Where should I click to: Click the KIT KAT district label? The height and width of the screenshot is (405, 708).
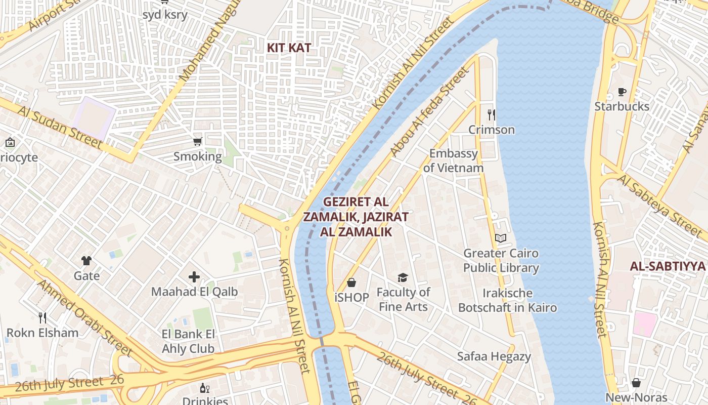click(x=289, y=48)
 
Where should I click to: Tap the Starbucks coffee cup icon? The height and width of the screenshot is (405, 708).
click(x=622, y=92)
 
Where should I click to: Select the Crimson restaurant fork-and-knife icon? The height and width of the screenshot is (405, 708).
click(x=491, y=114)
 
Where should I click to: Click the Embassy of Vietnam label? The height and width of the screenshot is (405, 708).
click(x=453, y=160)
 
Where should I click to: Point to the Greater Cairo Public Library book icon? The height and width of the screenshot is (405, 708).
click(x=501, y=238)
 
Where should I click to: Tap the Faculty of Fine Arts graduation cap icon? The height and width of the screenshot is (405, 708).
click(x=403, y=277)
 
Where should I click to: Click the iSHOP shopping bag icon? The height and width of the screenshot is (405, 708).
click(x=351, y=282)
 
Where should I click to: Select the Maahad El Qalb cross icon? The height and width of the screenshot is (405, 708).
click(x=194, y=277)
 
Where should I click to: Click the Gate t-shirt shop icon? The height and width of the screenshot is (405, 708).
click(x=86, y=261)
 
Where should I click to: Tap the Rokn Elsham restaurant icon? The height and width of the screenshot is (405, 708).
click(x=42, y=318)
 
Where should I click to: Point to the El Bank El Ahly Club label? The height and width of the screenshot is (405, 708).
click(x=188, y=341)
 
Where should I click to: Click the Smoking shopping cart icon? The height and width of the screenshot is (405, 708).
click(x=198, y=141)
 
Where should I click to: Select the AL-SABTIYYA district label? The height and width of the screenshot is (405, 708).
click(x=668, y=266)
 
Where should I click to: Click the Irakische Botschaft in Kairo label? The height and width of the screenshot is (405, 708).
click(x=507, y=300)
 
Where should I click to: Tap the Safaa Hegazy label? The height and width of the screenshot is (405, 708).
click(x=494, y=356)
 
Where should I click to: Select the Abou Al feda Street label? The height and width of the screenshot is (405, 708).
click(x=429, y=112)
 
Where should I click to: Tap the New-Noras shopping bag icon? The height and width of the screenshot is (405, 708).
click(x=636, y=383)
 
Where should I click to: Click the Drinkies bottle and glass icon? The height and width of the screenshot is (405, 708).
click(x=205, y=388)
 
